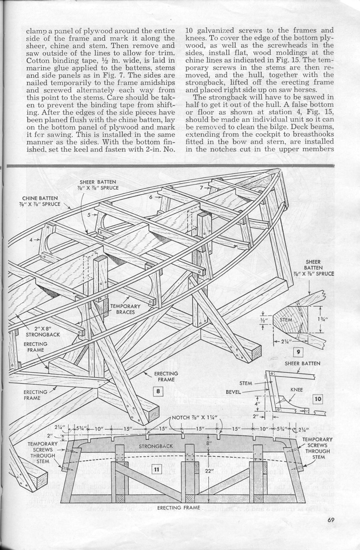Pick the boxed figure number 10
pyautogui.click(x=318, y=399)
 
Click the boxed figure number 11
pyautogui.click(x=155, y=469)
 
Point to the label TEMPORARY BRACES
pyautogui.click(x=125, y=309)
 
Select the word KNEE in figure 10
pyautogui.click(x=296, y=389)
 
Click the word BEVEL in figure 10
pyautogui.click(x=233, y=392)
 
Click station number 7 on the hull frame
pyautogui.click(x=202, y=187)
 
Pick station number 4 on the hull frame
pyautogui.click(x=31, y=240)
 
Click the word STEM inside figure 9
pyautogui.click(x=286, y=320)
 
